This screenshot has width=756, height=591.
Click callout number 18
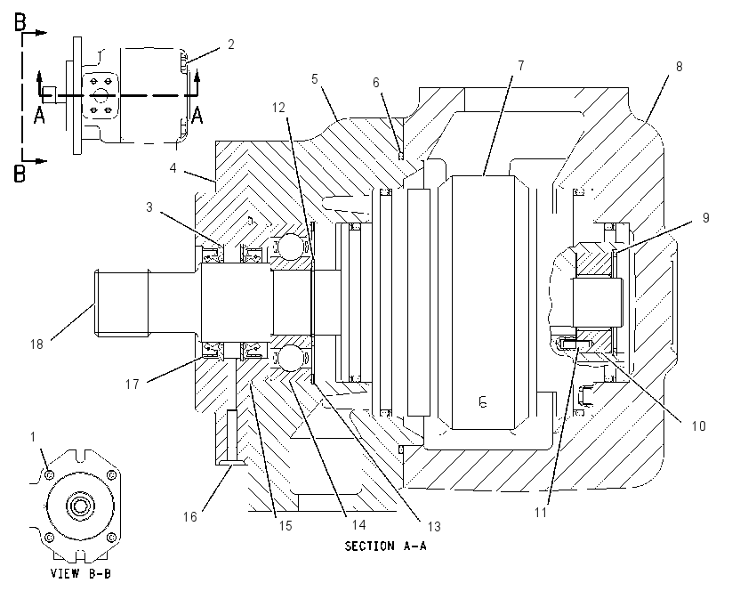coord(36,344)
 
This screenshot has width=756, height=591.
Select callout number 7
coord(520,65)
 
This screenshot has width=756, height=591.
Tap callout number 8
coord(679,67)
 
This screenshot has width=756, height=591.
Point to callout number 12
coord(278,108)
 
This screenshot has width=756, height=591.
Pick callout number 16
coord(190,517)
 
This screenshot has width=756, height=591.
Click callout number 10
coord(698,426)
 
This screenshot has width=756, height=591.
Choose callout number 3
coord(149,207)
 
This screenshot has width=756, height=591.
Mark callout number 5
coord(315,78)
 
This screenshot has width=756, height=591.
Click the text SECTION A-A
coord(385,546)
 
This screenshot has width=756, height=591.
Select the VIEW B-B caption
coord(81,573)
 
